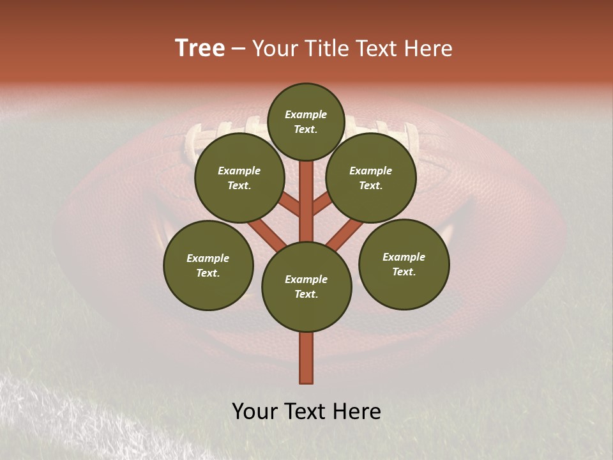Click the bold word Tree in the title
(200, 49)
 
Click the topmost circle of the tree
(306, 121)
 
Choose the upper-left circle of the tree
(239, 178)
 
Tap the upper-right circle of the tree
(370, 178)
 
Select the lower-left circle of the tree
(208, 265)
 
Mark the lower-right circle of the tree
(404, 264)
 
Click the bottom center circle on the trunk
(306, 287)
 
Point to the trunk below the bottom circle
(306, 358)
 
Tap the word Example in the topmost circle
(306, 115)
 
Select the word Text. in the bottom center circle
(306, 295)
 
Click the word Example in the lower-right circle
(404, 257)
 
